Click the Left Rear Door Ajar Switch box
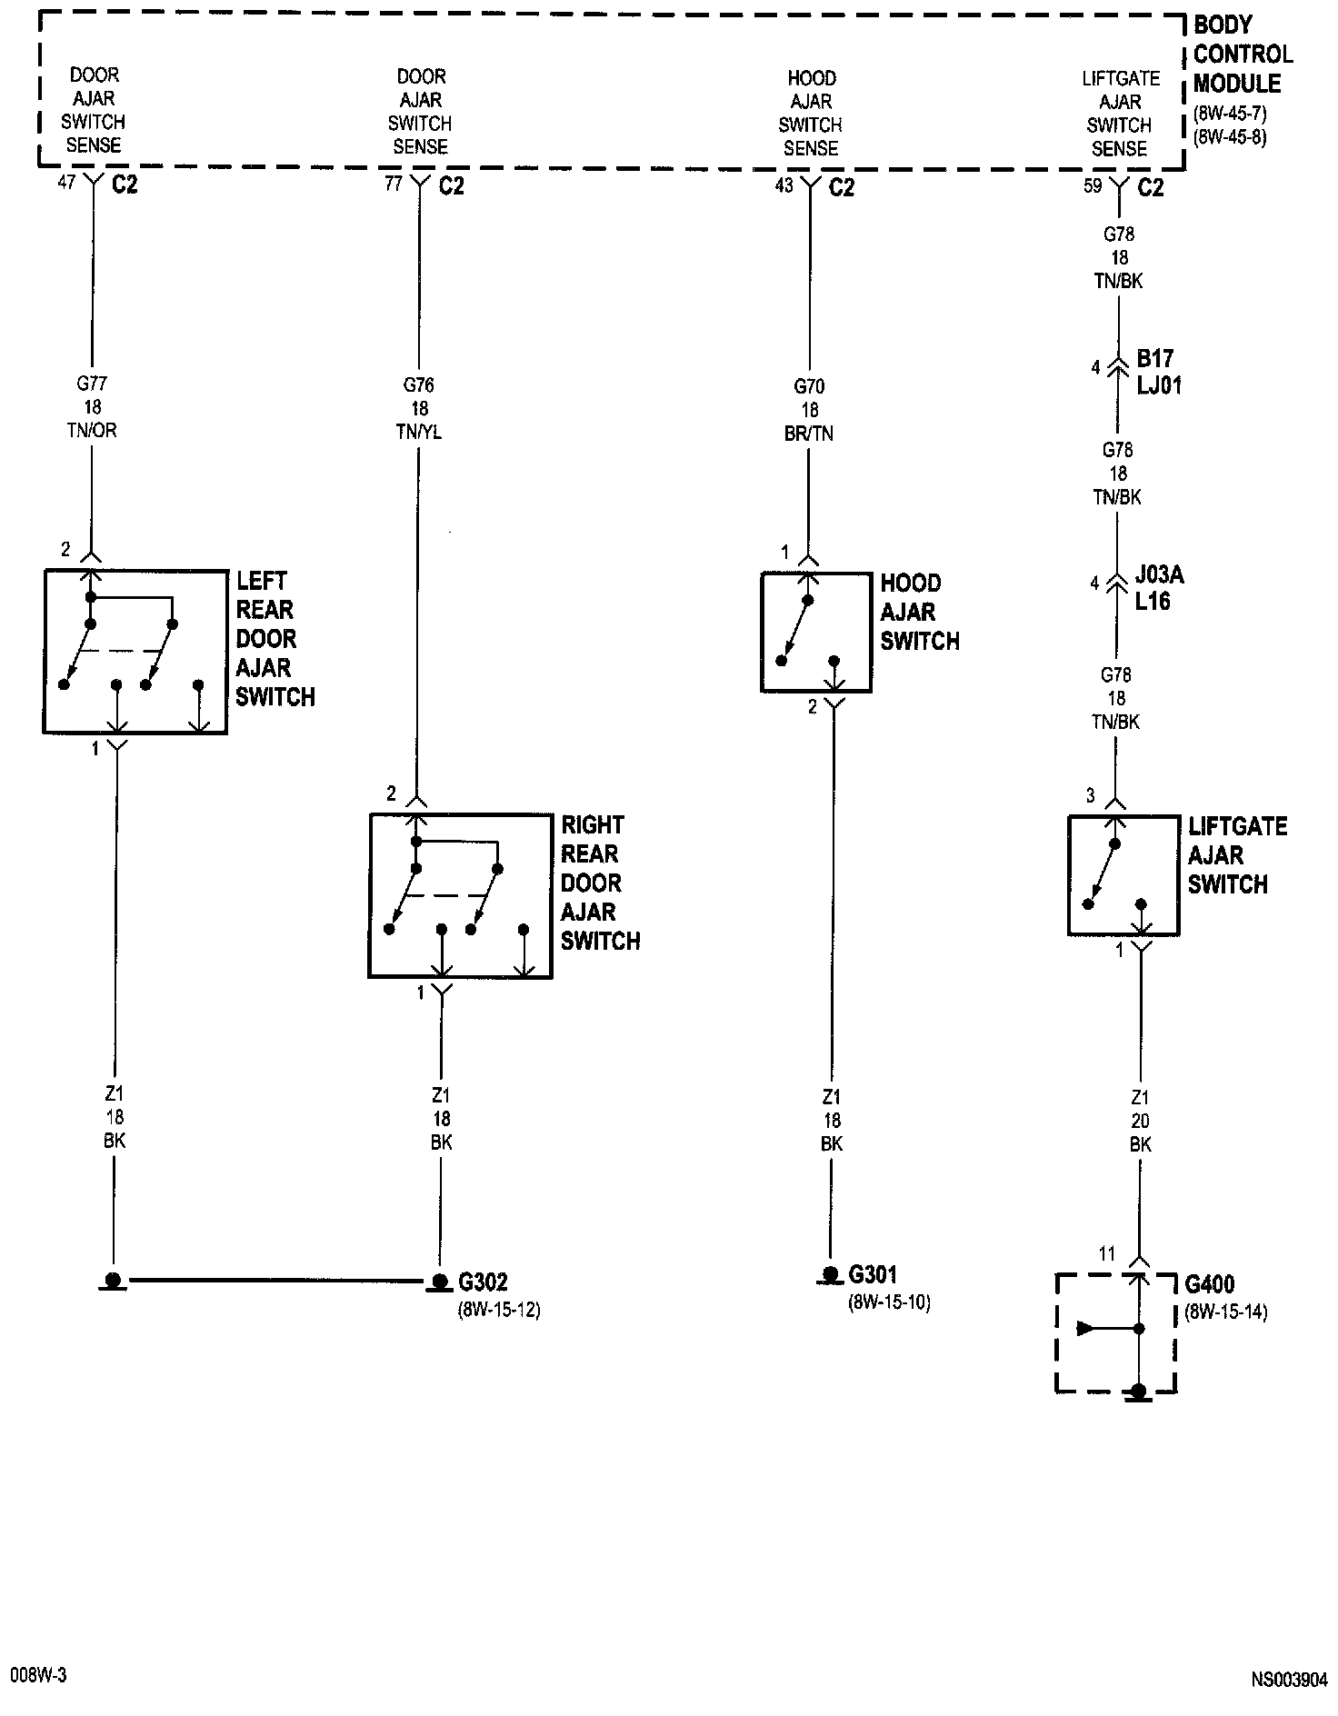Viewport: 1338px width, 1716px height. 135,651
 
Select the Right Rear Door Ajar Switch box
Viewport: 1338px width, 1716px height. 460,895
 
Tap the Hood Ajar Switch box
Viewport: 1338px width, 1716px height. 815,632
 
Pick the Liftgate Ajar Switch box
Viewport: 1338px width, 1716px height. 1123,875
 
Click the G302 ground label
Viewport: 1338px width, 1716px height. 483,1282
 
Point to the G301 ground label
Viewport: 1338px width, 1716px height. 873,1275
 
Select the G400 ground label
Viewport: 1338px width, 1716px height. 1210,1285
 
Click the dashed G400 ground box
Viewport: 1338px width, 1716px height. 1115,1332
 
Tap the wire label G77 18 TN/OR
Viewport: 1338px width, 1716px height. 93,407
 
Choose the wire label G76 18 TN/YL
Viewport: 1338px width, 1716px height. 419,409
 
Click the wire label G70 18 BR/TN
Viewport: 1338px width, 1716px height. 809,410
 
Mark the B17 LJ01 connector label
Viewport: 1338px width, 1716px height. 1159,372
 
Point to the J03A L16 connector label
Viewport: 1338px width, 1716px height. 1159,588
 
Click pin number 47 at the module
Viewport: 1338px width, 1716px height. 66,182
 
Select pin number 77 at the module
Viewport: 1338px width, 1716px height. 393,184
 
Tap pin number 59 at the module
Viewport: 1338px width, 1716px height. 1093,185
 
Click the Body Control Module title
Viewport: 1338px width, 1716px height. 1242,55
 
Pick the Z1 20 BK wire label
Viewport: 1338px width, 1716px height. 1140,1122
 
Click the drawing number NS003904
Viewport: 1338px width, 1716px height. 1289,1680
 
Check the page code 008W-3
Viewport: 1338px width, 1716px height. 39,1676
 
